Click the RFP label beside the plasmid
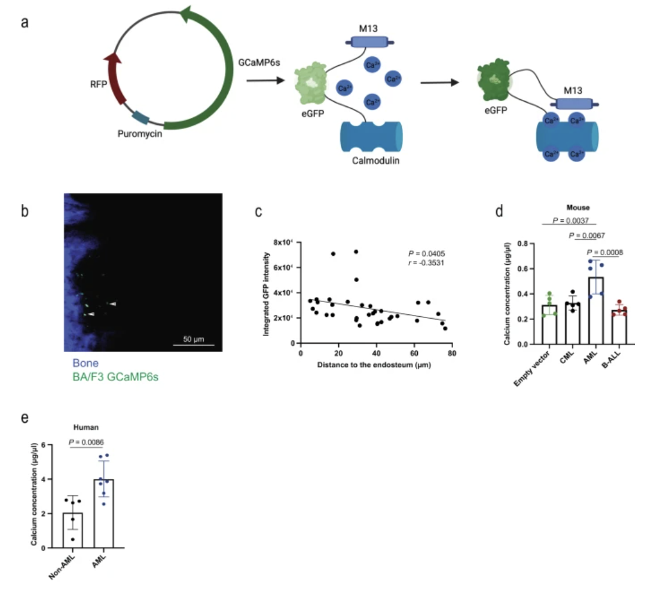(x=99, y=84)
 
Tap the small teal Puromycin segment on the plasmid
(x=140, y=118)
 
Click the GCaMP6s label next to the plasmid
(x=259, y=63)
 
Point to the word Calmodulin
(x=375, y=161)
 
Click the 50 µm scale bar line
(x=194, y=345)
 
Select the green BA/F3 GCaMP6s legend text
(x=115, y=377)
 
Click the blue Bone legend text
(x=85, y=363)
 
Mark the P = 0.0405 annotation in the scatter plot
(x=426, y=253)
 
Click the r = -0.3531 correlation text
(x=426, y=262)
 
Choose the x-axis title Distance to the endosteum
(x=374, y=365)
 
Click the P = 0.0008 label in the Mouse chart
(x=605, y=252)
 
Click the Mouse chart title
(x=577, y=207)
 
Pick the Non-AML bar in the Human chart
(x=72, y=530)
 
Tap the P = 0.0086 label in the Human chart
(x=86, y=442)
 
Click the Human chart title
(x=86, y=427)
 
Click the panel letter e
(x=25, y=417)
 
